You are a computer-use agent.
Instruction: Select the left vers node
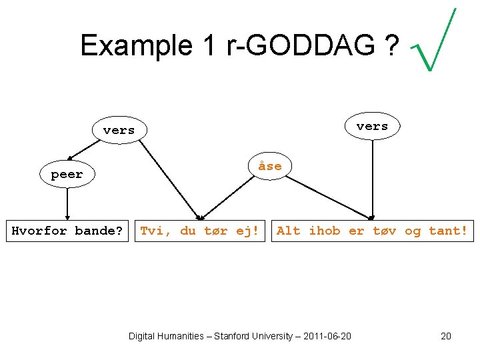(119, 131)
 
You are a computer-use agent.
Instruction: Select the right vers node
(372, 126)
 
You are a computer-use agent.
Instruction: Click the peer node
(67, 175)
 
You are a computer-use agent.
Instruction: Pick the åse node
(270, 166)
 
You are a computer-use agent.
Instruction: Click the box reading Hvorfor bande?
(67, 231)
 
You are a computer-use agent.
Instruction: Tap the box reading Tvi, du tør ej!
(200, 231)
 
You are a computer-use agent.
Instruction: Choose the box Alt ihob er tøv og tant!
(372, 231)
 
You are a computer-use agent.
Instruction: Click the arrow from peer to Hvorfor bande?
(67, 203)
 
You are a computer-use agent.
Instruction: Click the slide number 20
(446, 336)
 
